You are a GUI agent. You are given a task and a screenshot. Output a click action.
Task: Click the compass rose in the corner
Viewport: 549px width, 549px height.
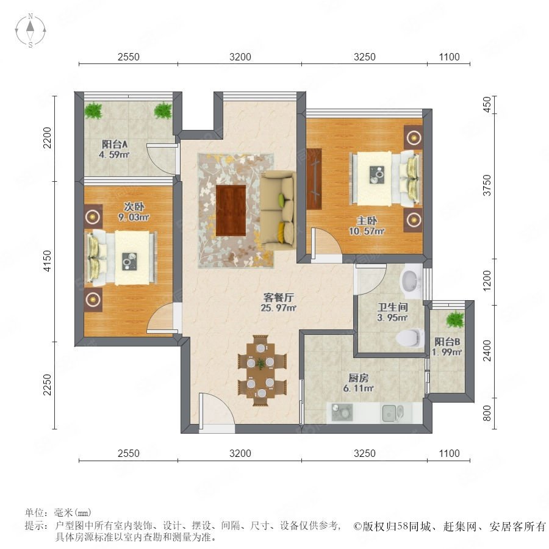click(x=30, y=30)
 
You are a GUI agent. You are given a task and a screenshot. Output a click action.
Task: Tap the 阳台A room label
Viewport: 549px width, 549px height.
click(x=115, y=144)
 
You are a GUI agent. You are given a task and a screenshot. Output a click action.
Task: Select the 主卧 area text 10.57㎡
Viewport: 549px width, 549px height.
click(x=367, y=231)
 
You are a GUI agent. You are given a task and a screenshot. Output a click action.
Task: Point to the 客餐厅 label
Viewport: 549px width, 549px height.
click(x=278, y=298)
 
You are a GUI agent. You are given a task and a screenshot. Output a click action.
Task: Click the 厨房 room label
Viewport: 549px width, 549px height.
click(x=358, y=378)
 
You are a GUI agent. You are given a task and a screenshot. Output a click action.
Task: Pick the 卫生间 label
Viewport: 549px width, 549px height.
click(x=392, y=307)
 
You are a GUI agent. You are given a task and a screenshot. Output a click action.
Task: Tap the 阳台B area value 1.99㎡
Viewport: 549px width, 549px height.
click(x=447, y=352)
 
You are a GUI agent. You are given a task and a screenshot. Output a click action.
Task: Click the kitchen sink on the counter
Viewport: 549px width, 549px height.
click(x=392, y=413)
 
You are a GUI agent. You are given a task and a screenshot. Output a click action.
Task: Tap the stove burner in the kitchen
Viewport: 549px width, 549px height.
click(x=342, y=412)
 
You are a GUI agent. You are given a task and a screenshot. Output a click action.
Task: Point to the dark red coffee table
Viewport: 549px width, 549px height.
click(x=231, y=210)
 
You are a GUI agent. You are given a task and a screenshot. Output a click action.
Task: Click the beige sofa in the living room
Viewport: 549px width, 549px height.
click(x=278, y=210)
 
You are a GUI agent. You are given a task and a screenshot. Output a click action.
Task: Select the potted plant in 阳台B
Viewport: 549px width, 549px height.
click(x=455, y=319)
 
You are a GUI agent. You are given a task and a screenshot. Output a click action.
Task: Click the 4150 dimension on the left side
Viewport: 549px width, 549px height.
click(x=47, y=261)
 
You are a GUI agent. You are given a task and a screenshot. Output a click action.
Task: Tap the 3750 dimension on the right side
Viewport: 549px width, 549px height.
click(x=487, y=185)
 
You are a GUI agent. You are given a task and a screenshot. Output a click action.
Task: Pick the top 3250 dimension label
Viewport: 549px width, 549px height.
click(x=365, y=57)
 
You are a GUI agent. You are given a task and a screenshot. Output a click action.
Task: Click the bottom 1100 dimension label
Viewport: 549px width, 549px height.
click(x=449, y=453)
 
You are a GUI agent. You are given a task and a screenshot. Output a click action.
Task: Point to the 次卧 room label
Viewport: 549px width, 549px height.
click(x=134, y=207)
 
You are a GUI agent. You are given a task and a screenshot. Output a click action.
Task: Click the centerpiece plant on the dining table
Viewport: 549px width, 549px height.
click(x=260, y=364)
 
